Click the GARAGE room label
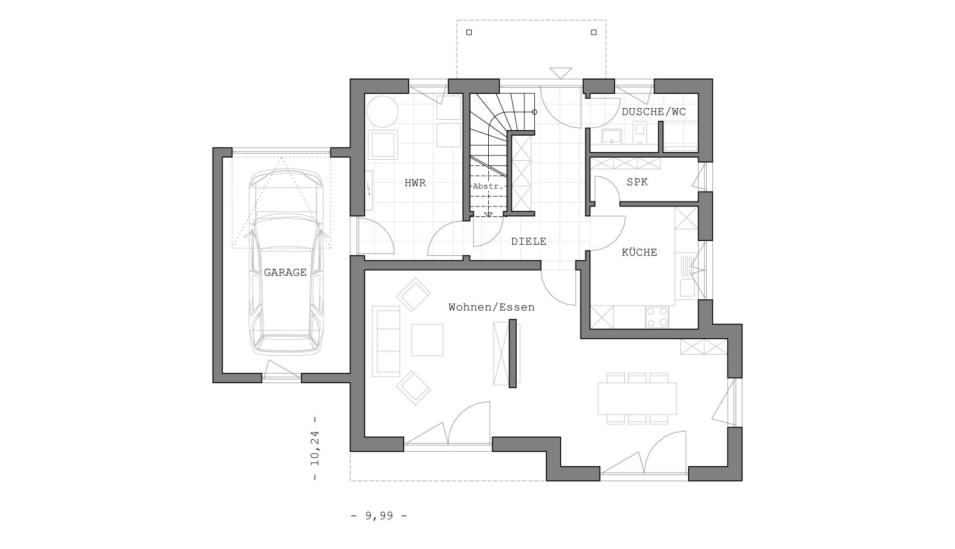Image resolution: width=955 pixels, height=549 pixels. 285,272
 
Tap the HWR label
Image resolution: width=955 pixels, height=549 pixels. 415,183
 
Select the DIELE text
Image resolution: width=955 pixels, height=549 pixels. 529,242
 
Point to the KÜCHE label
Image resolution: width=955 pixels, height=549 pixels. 639,253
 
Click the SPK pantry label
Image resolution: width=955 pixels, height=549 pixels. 637,182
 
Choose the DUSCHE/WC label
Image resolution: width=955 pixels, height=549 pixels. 654,112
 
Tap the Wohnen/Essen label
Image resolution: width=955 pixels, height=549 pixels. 492,307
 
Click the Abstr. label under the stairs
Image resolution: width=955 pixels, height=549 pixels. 487,187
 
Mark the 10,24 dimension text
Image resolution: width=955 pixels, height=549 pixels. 315,448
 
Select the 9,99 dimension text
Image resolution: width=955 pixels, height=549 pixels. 379,516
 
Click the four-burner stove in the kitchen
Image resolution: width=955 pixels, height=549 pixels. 657,317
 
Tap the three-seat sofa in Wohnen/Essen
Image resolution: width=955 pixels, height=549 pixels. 386,341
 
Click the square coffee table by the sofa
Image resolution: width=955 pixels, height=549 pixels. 427,340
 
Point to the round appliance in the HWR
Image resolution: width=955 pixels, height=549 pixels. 382,111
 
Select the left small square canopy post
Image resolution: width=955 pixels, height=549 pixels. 469,32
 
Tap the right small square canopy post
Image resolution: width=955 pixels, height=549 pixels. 594,32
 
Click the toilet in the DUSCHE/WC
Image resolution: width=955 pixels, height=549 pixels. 640,133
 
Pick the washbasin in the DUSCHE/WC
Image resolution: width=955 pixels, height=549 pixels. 611,136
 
